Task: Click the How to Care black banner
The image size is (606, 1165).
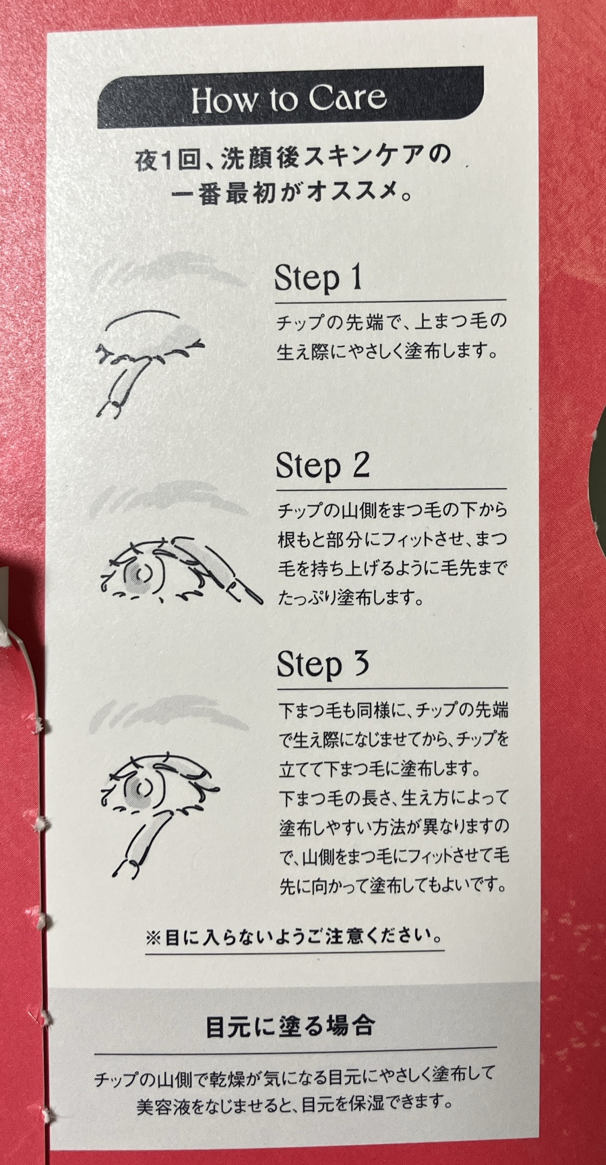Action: coord(290,98)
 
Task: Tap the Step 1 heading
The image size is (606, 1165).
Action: coord(319,278)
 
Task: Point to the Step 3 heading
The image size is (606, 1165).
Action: coord(323,665)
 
